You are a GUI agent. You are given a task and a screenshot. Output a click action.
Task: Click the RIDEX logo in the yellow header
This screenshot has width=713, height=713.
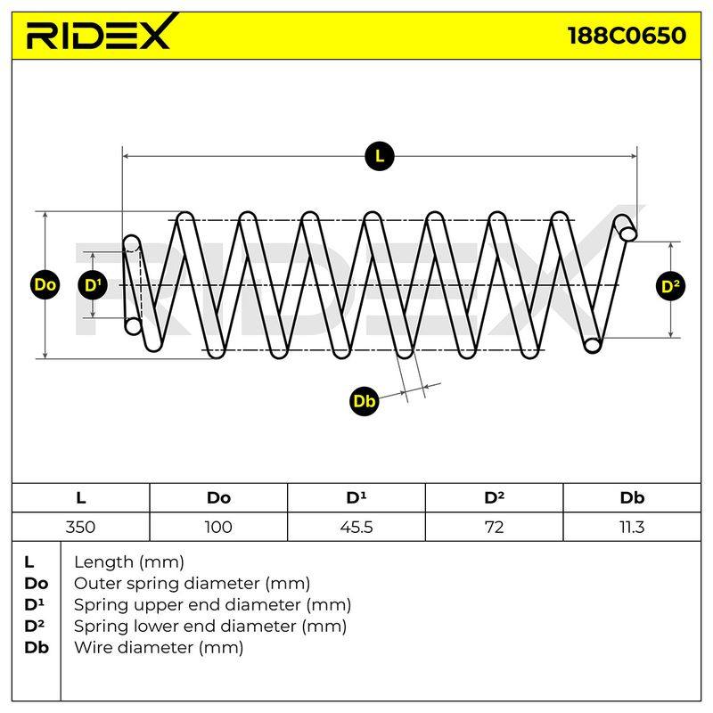[101, 33]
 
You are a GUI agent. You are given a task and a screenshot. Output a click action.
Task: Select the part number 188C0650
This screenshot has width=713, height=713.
[627, 36]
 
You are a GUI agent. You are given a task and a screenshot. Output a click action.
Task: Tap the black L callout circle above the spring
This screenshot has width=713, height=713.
[380, 157]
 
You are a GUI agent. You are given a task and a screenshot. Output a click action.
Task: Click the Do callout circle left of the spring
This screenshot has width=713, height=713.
[45, 285]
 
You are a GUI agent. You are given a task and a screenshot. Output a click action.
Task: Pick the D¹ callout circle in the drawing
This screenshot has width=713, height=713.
[93, 285]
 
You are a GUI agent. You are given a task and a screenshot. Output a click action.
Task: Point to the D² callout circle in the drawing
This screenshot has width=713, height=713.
[671, 286]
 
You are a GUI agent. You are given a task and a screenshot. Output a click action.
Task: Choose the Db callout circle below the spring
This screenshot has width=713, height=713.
[365, 401]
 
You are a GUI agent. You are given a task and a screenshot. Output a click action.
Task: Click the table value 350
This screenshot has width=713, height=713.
[80, 527]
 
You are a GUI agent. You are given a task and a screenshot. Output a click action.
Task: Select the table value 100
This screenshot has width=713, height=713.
[218, 527]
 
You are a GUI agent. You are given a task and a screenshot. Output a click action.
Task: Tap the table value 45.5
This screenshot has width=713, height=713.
[356, 527]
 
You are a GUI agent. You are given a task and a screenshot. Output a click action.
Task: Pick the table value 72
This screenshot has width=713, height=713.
[495, 527]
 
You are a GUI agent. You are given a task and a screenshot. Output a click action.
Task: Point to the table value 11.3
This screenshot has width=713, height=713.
[632, 527]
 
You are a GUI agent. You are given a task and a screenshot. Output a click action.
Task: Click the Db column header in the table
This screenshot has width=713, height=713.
[632, 498]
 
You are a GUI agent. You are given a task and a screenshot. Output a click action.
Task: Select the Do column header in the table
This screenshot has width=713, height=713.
[218, 498]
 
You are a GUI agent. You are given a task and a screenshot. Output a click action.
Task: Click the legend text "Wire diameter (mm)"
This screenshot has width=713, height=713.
[159, 647]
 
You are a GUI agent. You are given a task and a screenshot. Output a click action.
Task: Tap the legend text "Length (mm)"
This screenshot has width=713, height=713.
[129, 562]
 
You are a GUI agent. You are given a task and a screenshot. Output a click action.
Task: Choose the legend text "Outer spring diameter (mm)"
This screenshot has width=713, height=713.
[192, 584]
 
